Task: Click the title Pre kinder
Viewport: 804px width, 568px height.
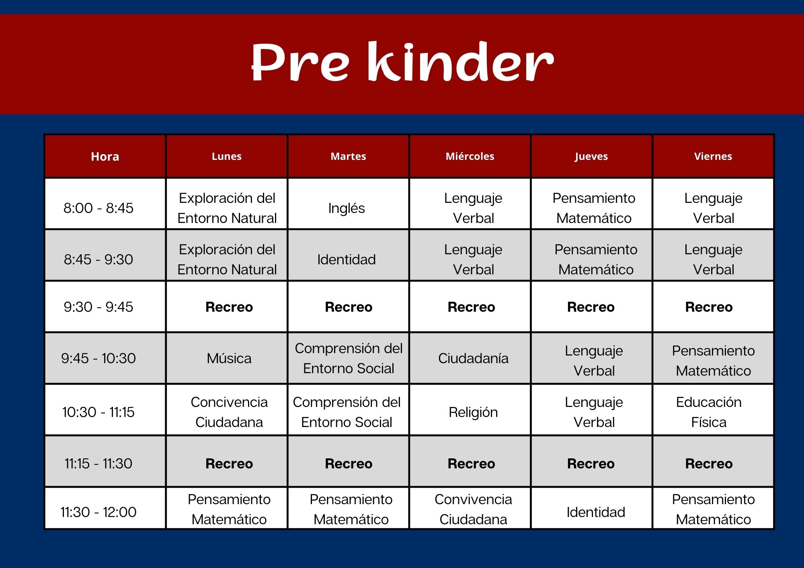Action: (402, 62)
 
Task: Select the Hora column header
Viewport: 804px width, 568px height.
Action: (105, 156)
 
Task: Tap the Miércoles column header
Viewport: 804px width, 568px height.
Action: (470, 156)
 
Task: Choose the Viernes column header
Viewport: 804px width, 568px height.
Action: (713, 156)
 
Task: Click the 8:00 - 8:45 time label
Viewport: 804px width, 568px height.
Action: (98, 208)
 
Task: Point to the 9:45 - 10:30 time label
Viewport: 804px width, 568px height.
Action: (98, 358)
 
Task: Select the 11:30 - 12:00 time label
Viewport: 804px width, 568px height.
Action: (98, 512)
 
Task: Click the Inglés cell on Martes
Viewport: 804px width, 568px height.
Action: (347, 208)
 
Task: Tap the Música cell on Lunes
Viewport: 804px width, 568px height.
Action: (229, 358)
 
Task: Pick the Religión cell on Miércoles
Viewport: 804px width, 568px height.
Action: (473, 412)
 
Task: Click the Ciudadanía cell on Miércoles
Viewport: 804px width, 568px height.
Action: (473, 358)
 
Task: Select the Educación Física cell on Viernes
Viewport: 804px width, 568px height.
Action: (709, 412)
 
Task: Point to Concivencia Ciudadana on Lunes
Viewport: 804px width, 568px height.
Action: (229, 412)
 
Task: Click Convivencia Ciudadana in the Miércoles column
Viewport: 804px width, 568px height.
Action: (473, 509)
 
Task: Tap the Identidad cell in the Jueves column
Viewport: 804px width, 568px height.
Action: (596, 512)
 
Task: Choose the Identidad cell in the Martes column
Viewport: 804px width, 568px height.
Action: (347, 259)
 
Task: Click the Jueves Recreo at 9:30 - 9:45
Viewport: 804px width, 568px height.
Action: (591, 307)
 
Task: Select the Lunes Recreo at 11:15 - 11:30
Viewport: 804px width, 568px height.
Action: (229, 464)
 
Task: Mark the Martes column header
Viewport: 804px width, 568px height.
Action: (348, 156)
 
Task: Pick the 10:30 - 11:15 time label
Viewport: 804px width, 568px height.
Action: (98, 412)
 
